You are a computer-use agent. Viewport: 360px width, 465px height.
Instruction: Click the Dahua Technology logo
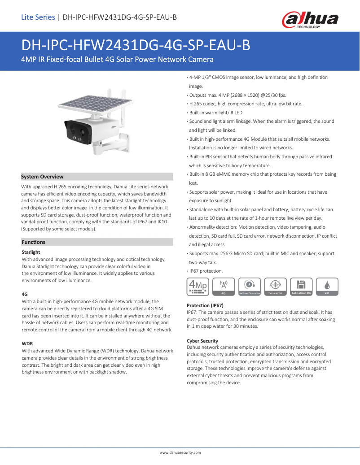click(x=310, y=20)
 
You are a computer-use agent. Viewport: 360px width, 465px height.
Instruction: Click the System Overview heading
click(x=43, y=177)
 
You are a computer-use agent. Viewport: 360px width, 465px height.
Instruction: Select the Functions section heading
click(x=34, y=242)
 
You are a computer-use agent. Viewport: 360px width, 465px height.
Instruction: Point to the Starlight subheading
click(x=31, y=252)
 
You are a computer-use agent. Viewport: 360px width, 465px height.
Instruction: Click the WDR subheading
click(x=27, y=343)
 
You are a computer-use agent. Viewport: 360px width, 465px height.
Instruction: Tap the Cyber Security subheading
click(x=202, y=341)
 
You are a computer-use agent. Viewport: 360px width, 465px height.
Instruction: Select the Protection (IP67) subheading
click(x=205, y=305)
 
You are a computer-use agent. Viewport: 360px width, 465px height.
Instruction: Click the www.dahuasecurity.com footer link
click(x=180, y=452)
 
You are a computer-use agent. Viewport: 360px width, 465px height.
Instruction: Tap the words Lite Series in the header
click(x=38, y=17)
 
